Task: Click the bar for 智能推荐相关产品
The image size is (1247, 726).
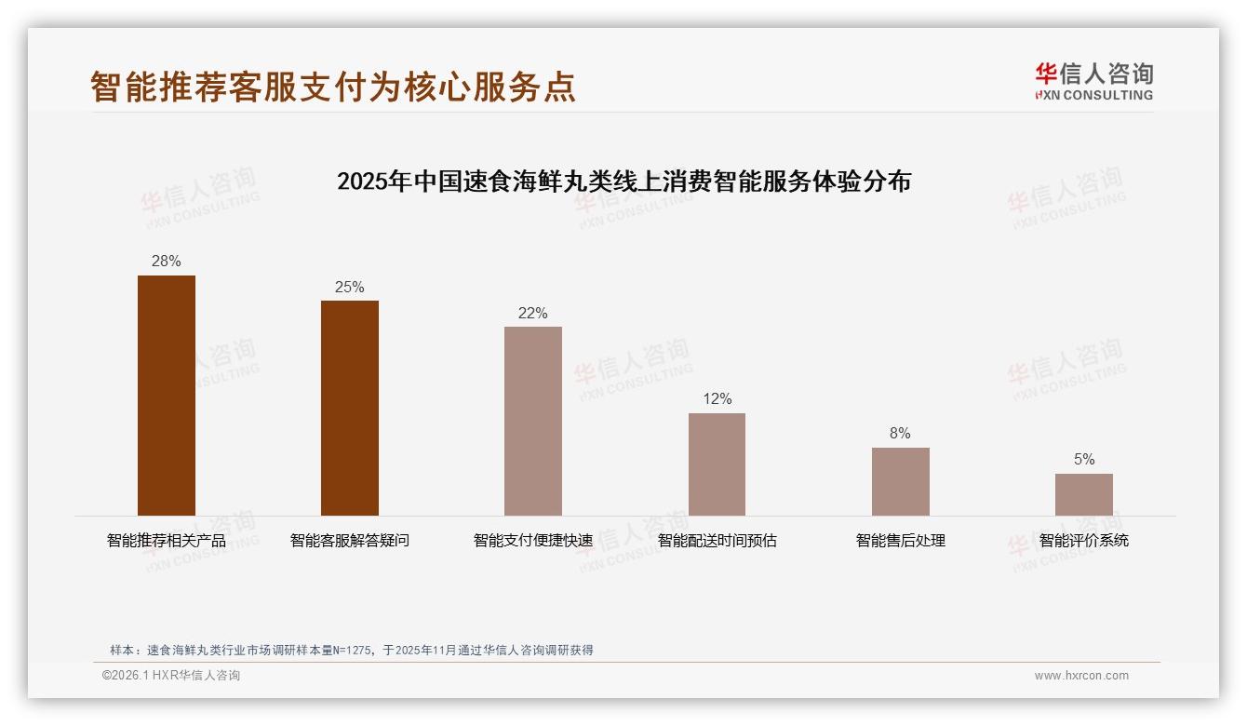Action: pos(167,396)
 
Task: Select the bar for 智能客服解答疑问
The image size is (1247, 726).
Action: pos(350,408)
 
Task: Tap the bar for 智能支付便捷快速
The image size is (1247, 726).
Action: pos(533,421)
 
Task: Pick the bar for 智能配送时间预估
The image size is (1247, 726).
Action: pos(717,464)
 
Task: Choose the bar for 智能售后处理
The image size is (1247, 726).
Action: pos(900,481)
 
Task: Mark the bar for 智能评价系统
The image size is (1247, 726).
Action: pos(1083,494)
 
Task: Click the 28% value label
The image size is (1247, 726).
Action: pos(167,262)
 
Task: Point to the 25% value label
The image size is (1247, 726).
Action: pos(350,287)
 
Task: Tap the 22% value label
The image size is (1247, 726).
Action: pos(533,313)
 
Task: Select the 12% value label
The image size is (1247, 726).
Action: pos(717,399)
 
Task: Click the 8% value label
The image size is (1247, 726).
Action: pos(900,434)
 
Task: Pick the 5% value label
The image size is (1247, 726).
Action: pos(1083,460)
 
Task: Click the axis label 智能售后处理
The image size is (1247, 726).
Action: pos(900,541)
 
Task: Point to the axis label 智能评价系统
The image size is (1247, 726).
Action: pos(1083,541)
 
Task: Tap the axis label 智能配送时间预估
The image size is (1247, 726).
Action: pos(717,541)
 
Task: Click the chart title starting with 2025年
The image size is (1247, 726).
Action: pos(623,181)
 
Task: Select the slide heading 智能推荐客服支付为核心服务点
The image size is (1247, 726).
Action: pos(333,87)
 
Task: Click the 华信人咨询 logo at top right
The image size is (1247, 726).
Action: pos(1093,81)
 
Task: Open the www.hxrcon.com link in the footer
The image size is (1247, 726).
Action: pos(1081,676)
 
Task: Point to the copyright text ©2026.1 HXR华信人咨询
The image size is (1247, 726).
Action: pos(171,676)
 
